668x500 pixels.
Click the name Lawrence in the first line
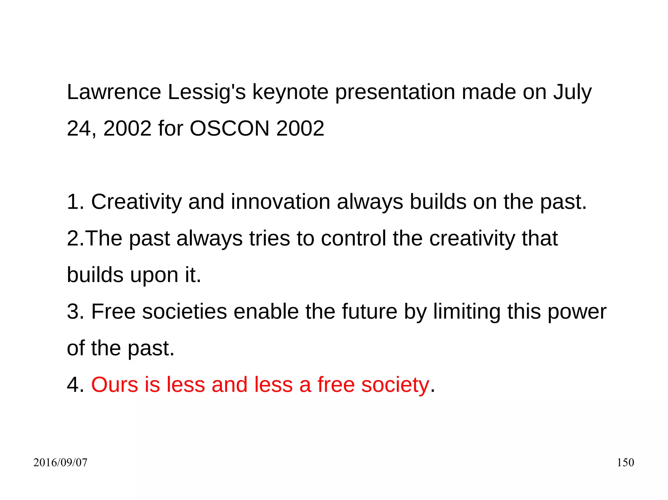pyautogui.click(x=114, y=92)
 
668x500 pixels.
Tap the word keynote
pyautogui.click(x=290, y=93)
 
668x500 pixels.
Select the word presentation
pyautogui.click(x=395, y=93)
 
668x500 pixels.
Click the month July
pyautogui.click(x=572, y=93)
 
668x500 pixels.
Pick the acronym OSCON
pyautogui.click(x=229, y=128)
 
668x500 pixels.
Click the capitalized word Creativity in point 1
pyautogui.click(x=136, y=202)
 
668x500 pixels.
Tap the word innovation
pyautogui.click(x=281, y=202)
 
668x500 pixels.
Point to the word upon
pyautogui.click(x=154, y=276)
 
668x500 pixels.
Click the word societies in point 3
pyautogui.click(x=184, y=312)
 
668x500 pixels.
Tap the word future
pyautogui.click(x=370, y=312)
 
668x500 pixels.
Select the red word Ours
pyautogui.click(x=114, y=385)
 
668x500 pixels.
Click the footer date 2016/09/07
pyautogui.click(x=60, y=463)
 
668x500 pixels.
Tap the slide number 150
pyautogui.click(x=625, y=463)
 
